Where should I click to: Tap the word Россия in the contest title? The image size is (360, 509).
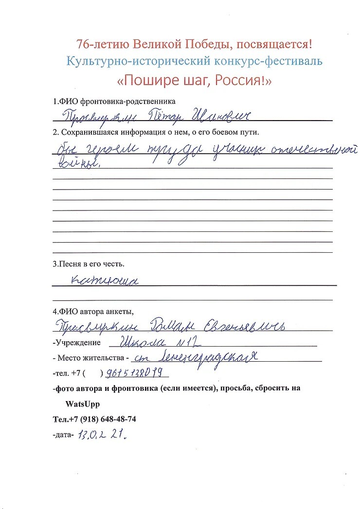pos(238,80)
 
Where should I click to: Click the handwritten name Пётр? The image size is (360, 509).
pos(159,116)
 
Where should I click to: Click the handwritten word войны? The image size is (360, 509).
pos(77,163)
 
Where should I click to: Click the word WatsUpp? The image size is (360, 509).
pos(83,404)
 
